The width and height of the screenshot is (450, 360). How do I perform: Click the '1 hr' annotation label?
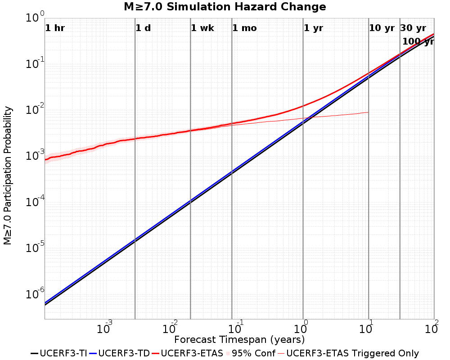55,28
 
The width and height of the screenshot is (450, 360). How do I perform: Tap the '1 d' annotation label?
143,28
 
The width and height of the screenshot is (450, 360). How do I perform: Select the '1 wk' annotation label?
202,28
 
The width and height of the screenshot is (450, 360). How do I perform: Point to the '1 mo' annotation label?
244,28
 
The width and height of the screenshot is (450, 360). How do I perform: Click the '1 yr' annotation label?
313,28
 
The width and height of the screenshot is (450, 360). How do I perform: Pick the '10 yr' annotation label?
382,28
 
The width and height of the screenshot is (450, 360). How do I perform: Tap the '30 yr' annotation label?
413,28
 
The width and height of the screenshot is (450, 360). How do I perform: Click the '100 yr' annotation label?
418,41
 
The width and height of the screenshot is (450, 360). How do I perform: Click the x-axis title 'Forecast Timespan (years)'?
239,339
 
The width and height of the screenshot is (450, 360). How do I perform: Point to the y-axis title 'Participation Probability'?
8,175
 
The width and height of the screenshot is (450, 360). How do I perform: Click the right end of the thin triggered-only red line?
369,112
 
